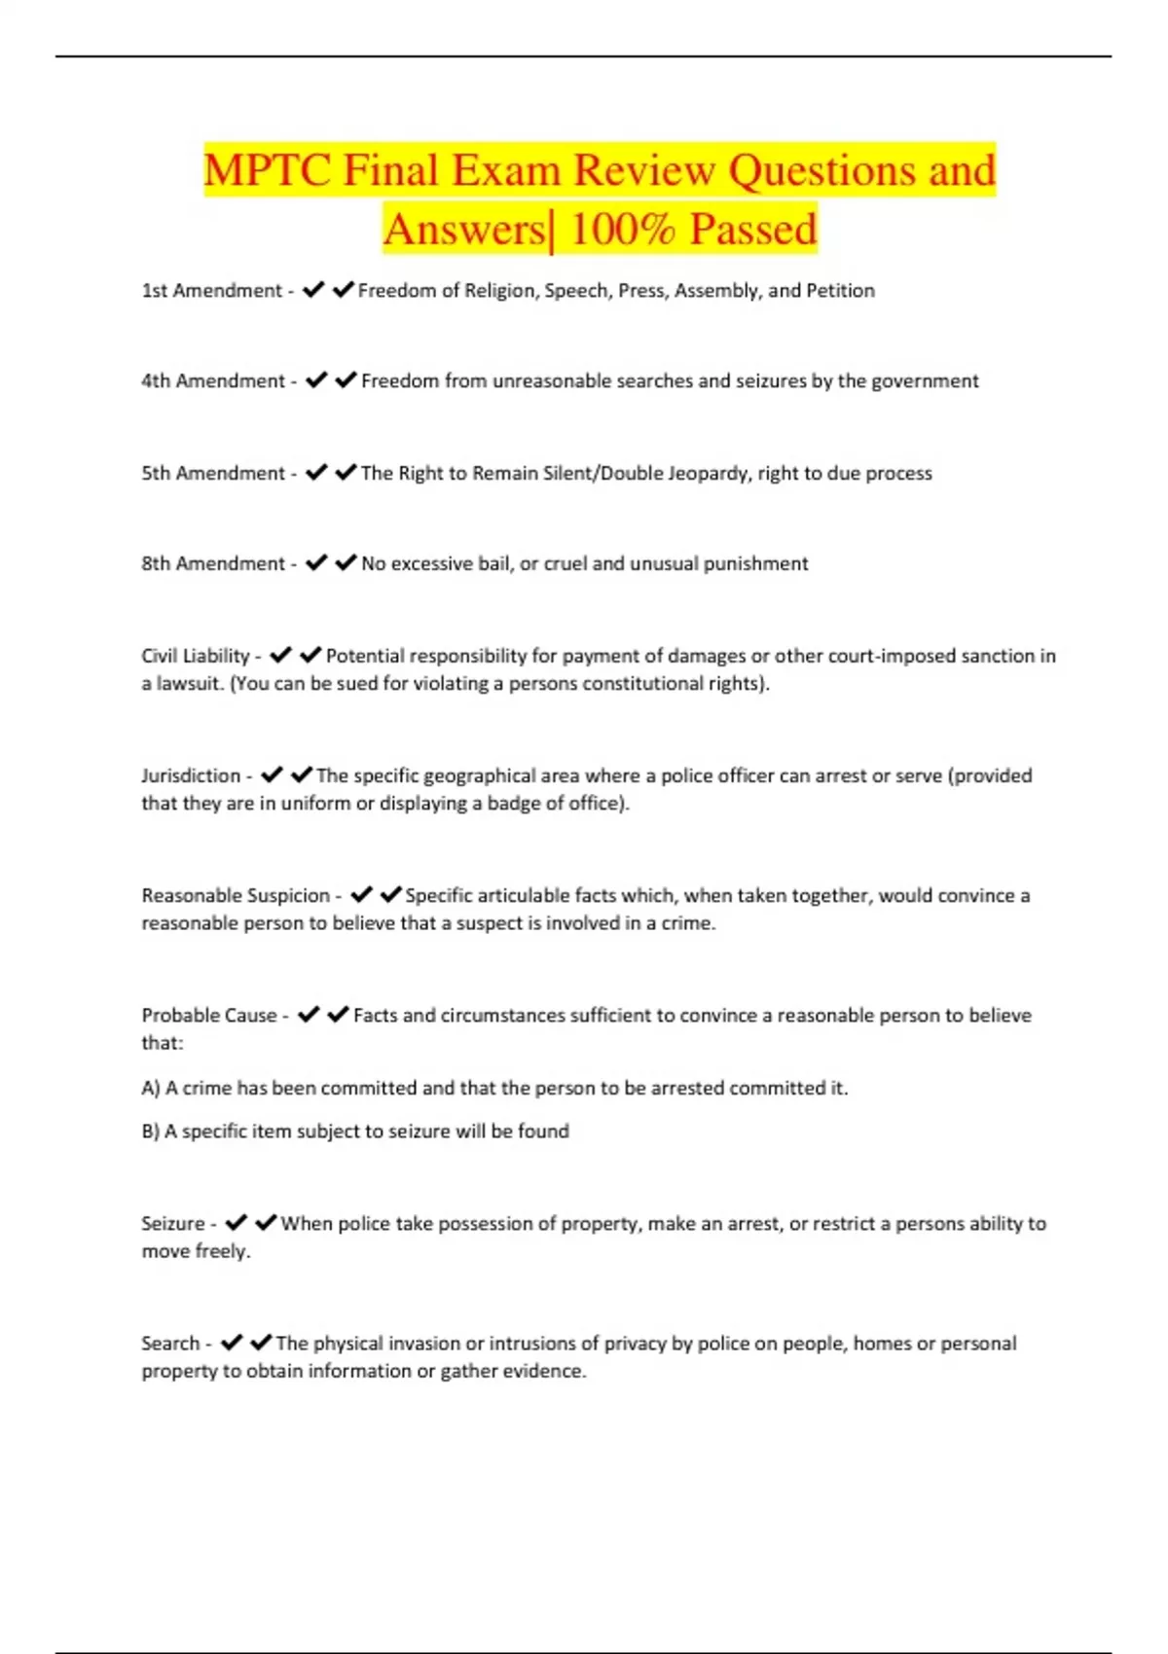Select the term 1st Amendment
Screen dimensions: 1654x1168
(x=211, y=290)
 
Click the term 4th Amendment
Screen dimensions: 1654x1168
(x=212, y=380)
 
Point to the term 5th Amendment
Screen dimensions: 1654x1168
(x=212, y=473)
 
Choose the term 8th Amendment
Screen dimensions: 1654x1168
(x=212, y=563)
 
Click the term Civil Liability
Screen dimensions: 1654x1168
(x=195, y=656)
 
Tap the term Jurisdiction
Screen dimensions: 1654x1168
(x=191, y=775)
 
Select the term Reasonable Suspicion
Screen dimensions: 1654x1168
(x=236, y=895)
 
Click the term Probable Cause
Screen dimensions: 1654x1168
(x=208, y=1015)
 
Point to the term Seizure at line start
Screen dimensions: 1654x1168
(x=172, y=1223)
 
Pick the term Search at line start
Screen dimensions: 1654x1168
(x=169, y=1343)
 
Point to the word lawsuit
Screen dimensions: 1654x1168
(x=188, y=683)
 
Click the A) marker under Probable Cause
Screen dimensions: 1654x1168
(x=150, y=1088)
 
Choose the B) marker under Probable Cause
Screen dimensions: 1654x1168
(x=150, y=1131)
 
